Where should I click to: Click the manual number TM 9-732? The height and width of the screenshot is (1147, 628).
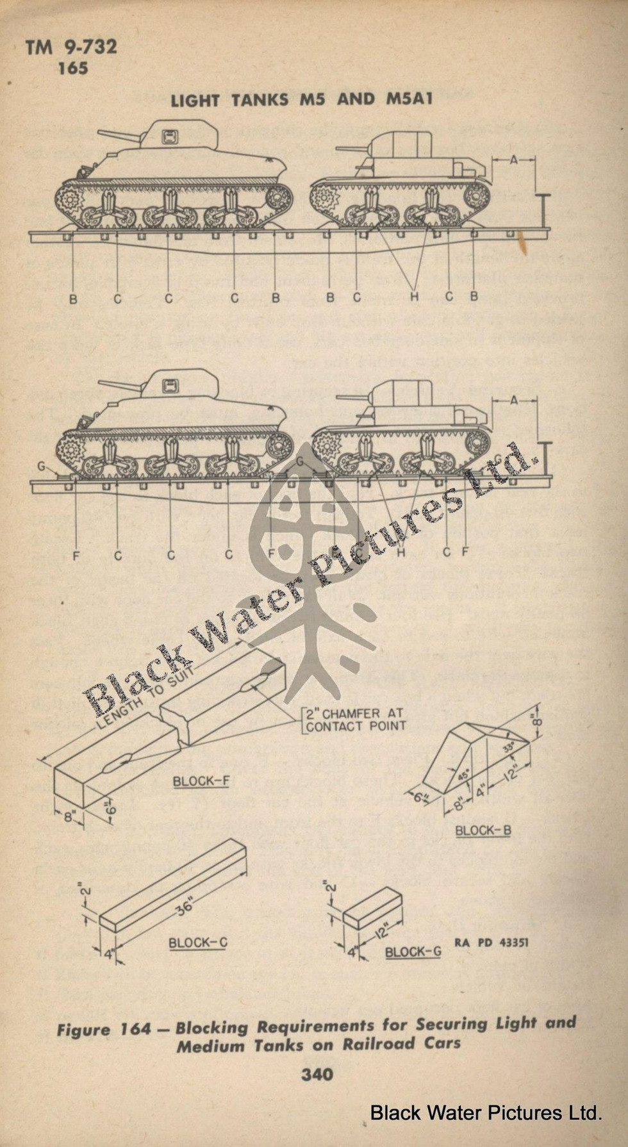pos(71,47)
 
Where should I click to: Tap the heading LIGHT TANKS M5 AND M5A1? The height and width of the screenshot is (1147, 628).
pos(302,99)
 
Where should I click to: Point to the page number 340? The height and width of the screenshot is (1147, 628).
pos(317,1073)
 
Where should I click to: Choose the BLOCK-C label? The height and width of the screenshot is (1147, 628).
pos(197,943)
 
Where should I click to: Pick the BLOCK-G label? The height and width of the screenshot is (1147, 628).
pos(413,952)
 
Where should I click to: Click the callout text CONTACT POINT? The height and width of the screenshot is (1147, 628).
pos(356,726)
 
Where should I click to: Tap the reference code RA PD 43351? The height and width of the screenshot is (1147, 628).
pos(492,943)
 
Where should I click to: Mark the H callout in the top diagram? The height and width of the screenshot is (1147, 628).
pos(414,297)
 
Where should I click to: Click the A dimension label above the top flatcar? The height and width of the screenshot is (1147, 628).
pos(513,160)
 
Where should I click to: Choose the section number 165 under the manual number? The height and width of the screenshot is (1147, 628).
pos(72,67)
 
